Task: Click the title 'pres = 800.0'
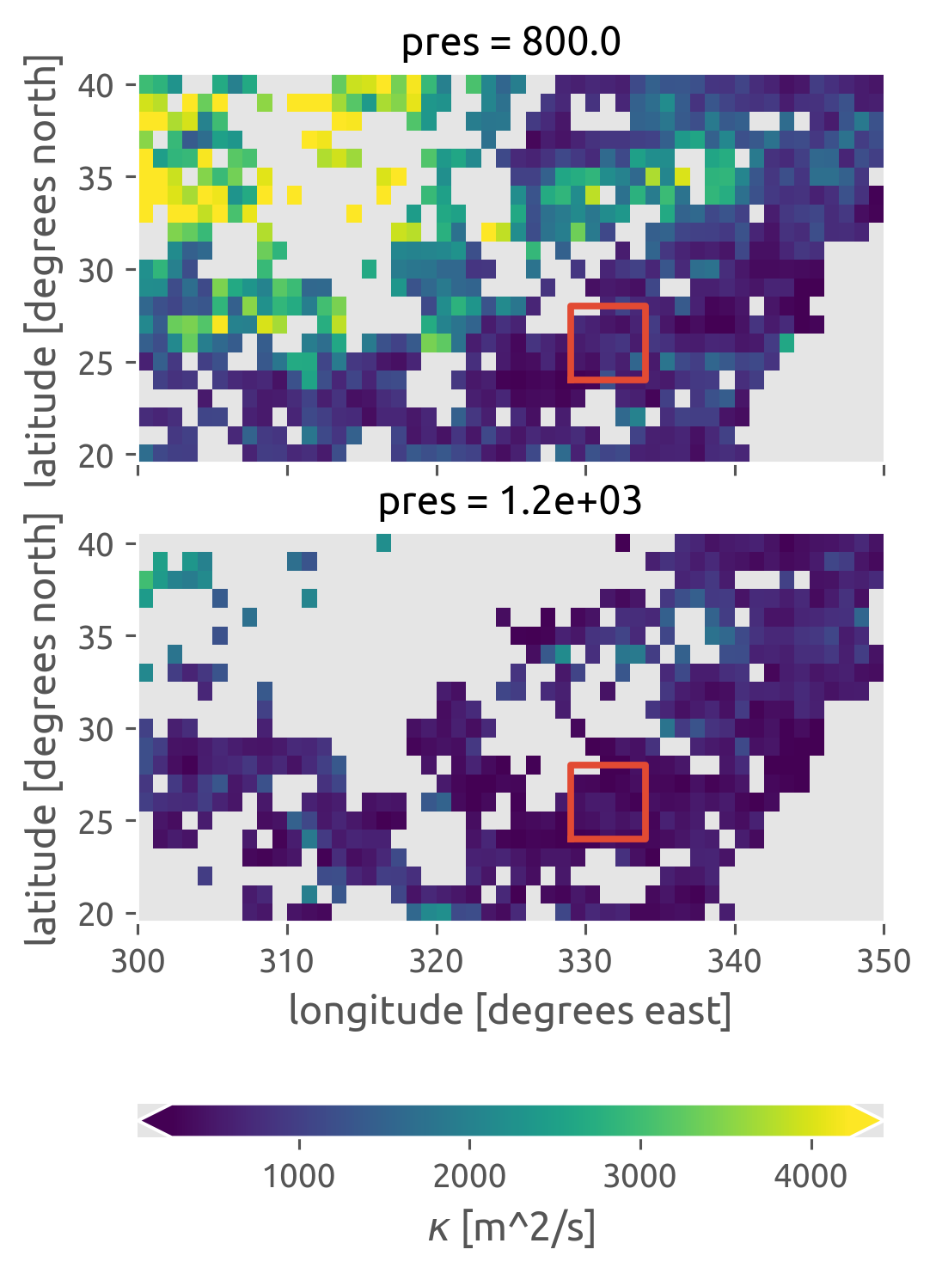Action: [x=511, y=43]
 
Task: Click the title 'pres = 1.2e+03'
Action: [x=511, y=501]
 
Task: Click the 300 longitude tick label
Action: [x=138, y=960]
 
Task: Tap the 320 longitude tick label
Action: [x=437, y=960]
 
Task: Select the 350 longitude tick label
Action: [x=884, y=960]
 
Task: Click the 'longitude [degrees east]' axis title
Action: [x=511, y=1010]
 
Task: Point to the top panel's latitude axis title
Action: [x=43, y=270]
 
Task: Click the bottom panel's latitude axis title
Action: [x=43, y=729]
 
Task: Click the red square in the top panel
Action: [x=608, y=342]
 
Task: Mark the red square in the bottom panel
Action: [x=608, y=801]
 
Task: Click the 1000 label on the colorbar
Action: [x=299, y=1175]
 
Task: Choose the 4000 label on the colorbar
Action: [x=811, y=1175]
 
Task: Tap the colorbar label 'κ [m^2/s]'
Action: [x=511, y=1228]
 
